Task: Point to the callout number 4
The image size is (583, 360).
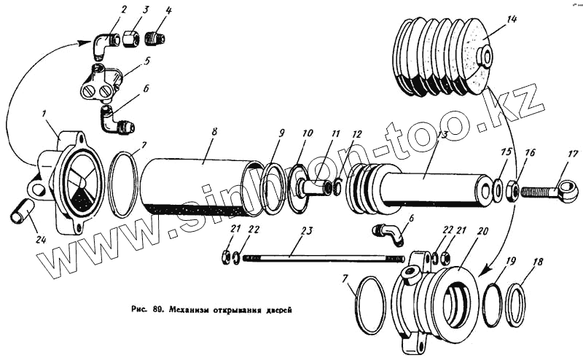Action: click(x=168, y=11)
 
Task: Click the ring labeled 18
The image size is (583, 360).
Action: click(x=515, y=304)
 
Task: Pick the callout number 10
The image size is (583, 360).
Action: click(x=307, y=134)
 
